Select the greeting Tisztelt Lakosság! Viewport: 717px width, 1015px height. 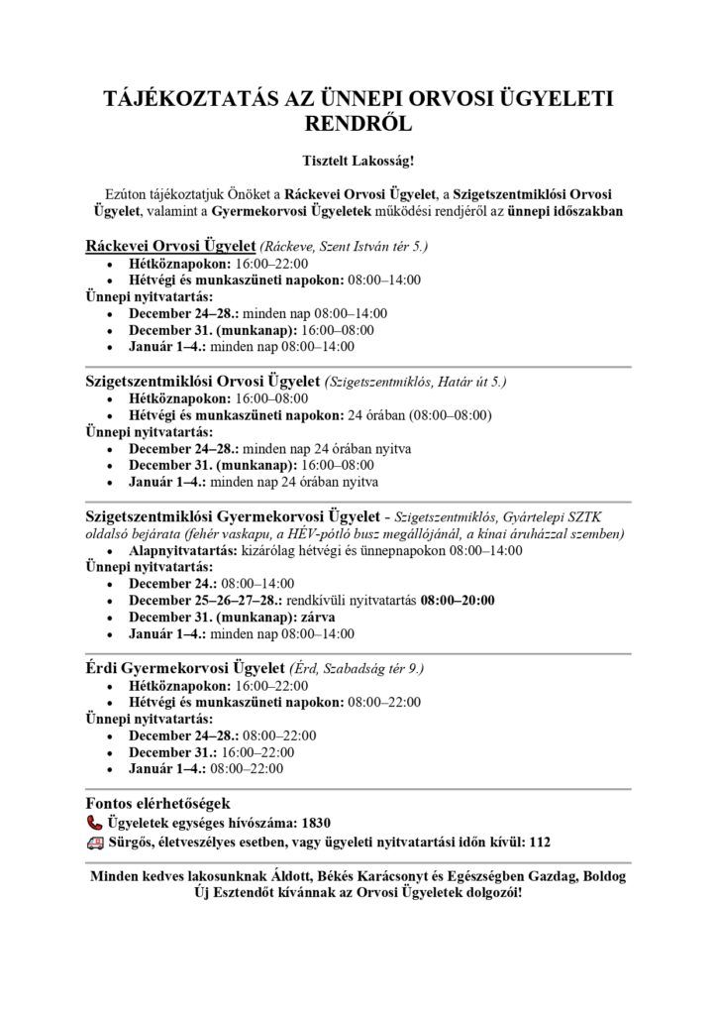pos(358,159)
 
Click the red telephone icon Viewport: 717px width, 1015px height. pos(95,822)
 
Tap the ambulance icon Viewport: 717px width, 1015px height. pos(95,842)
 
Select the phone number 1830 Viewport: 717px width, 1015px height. pos(314,823)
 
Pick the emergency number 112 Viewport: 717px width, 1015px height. pos(539,843)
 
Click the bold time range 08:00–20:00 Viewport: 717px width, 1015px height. pos(458,601)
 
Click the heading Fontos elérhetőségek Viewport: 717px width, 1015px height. pos(158,803)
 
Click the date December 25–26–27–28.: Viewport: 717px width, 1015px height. pos(205,601)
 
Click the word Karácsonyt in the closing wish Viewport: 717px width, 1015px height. pos(414,877)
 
